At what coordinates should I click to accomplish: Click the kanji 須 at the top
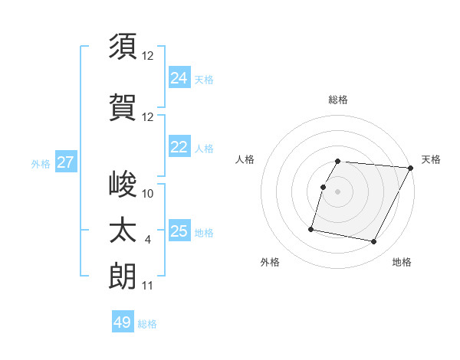(123, 46)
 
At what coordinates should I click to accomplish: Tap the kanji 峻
(123, 185)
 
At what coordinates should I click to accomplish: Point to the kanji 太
(123, 231)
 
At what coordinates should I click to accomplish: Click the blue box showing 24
(179, 77)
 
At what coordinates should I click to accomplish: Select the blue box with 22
(179, 147)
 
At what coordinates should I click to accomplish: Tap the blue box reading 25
(179, 231)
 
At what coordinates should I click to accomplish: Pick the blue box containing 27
(65, 162)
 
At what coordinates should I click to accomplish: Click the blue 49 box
(123, 322)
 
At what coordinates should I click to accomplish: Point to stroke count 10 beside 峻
(148, 194)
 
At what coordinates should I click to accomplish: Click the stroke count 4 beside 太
(147, 240)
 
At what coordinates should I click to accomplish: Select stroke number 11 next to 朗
(148, 286)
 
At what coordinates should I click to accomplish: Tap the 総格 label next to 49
(147, 324)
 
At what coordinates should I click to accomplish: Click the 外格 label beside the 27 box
(41, 163)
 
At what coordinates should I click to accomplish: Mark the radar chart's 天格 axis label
(431, 159)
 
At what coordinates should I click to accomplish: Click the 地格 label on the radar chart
(402, 262)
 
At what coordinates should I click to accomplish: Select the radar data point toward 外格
(311, 228)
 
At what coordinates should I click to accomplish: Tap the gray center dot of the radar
(338, 191)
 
